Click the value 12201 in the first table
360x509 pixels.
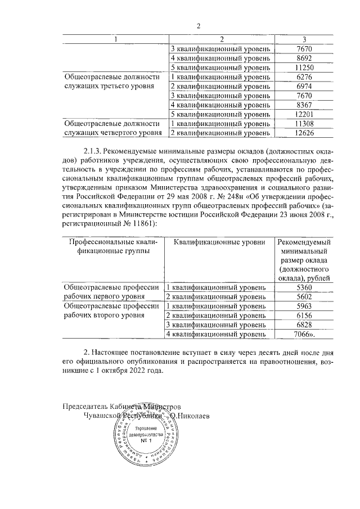(304, 114)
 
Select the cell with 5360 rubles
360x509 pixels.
(304, 287)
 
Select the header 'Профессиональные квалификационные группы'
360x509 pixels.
(112, 247)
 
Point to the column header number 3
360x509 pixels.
(304, 39)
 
